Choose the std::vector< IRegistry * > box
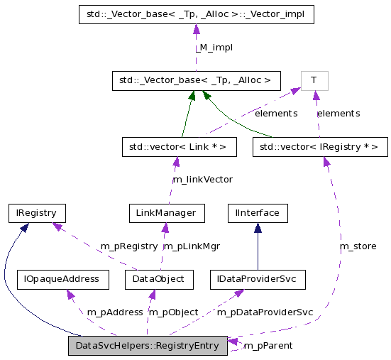pos(320,147)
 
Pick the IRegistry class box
pos(37,212)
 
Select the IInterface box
pos(257,212)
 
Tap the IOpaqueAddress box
pos(63,279)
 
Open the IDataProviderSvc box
pos(257,279)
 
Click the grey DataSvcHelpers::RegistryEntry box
pos(148,346)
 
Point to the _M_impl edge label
pos(214,47)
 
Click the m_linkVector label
pos(204,179)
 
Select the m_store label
pos(358,246)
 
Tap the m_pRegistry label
pos(128,246)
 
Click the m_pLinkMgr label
pos(192,246)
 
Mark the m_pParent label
pos(268,345)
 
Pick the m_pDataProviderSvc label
pos(265,312)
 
